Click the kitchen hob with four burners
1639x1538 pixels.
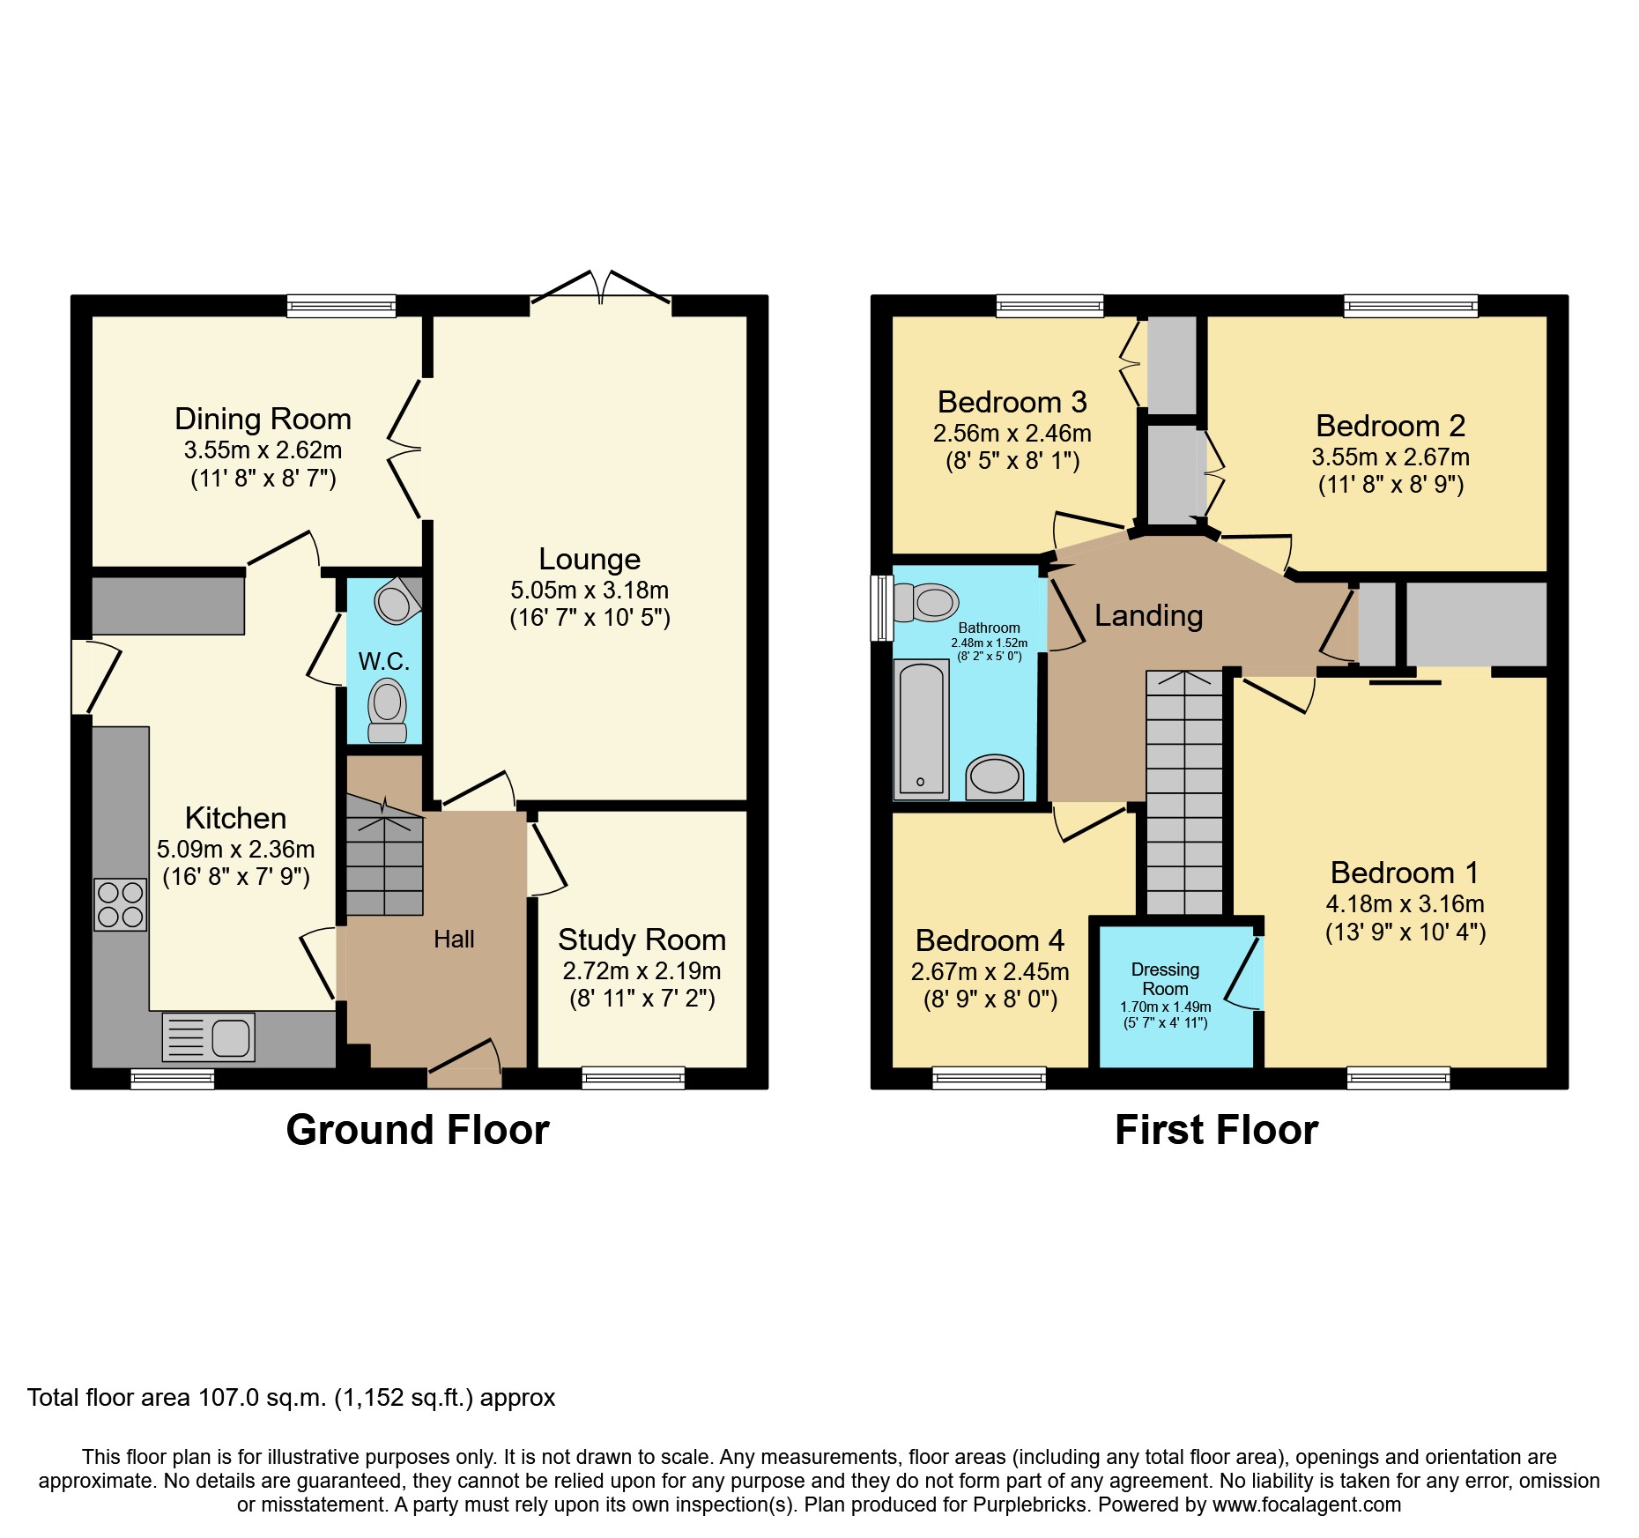pos(121,905)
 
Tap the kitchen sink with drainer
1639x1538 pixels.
pos(209,1036)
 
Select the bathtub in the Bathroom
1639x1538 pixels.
pos(921,730)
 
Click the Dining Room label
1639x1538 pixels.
pos(263,419)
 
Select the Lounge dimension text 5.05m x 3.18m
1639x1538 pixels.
pos(590,590)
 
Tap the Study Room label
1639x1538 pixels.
pos(642,940)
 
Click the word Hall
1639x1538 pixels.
pos(454,940)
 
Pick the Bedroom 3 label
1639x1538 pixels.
pos(1012,402)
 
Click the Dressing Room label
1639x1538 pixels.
pos(1165,978)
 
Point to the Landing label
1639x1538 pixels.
pos(1148,615)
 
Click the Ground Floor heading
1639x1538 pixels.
pos(418,1130)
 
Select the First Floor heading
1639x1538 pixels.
pos(1216,1130)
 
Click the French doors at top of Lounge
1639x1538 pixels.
pos(601,291)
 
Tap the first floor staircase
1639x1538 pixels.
pos(1185,793)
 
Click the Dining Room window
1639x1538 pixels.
pos(341,306)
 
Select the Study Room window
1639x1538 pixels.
pos(633,1077)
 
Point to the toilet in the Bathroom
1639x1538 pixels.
pos(925,603)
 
